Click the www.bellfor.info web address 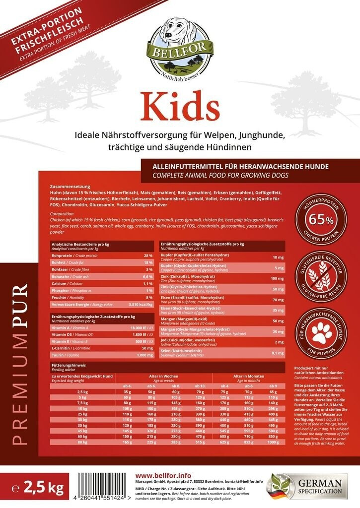157,475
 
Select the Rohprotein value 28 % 147,255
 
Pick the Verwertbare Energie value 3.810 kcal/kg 140,304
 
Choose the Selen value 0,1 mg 278,353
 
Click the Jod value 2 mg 280,342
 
